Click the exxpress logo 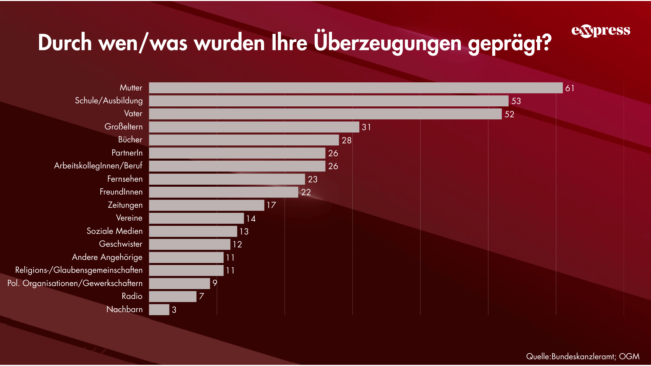click(600, 31)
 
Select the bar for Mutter click(356, 88)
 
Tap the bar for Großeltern click(254, 127)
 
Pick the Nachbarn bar click(159, 309)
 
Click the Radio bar click(173, 297)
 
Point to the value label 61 click(570, 88)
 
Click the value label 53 click(516, 101)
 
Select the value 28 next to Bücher click(346, 140)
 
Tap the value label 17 click(271, 205)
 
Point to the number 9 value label click(215, 283)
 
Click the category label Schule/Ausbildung click(108, 101)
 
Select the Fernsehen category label click(125, 179)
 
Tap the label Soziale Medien click(115, 231)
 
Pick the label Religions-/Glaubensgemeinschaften click(79, 270)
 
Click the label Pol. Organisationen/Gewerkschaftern click(75, 283)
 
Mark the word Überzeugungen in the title click(387, 43)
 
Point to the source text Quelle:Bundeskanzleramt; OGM click(583, 356)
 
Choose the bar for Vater click(325, 114)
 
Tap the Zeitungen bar click(206, 205)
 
